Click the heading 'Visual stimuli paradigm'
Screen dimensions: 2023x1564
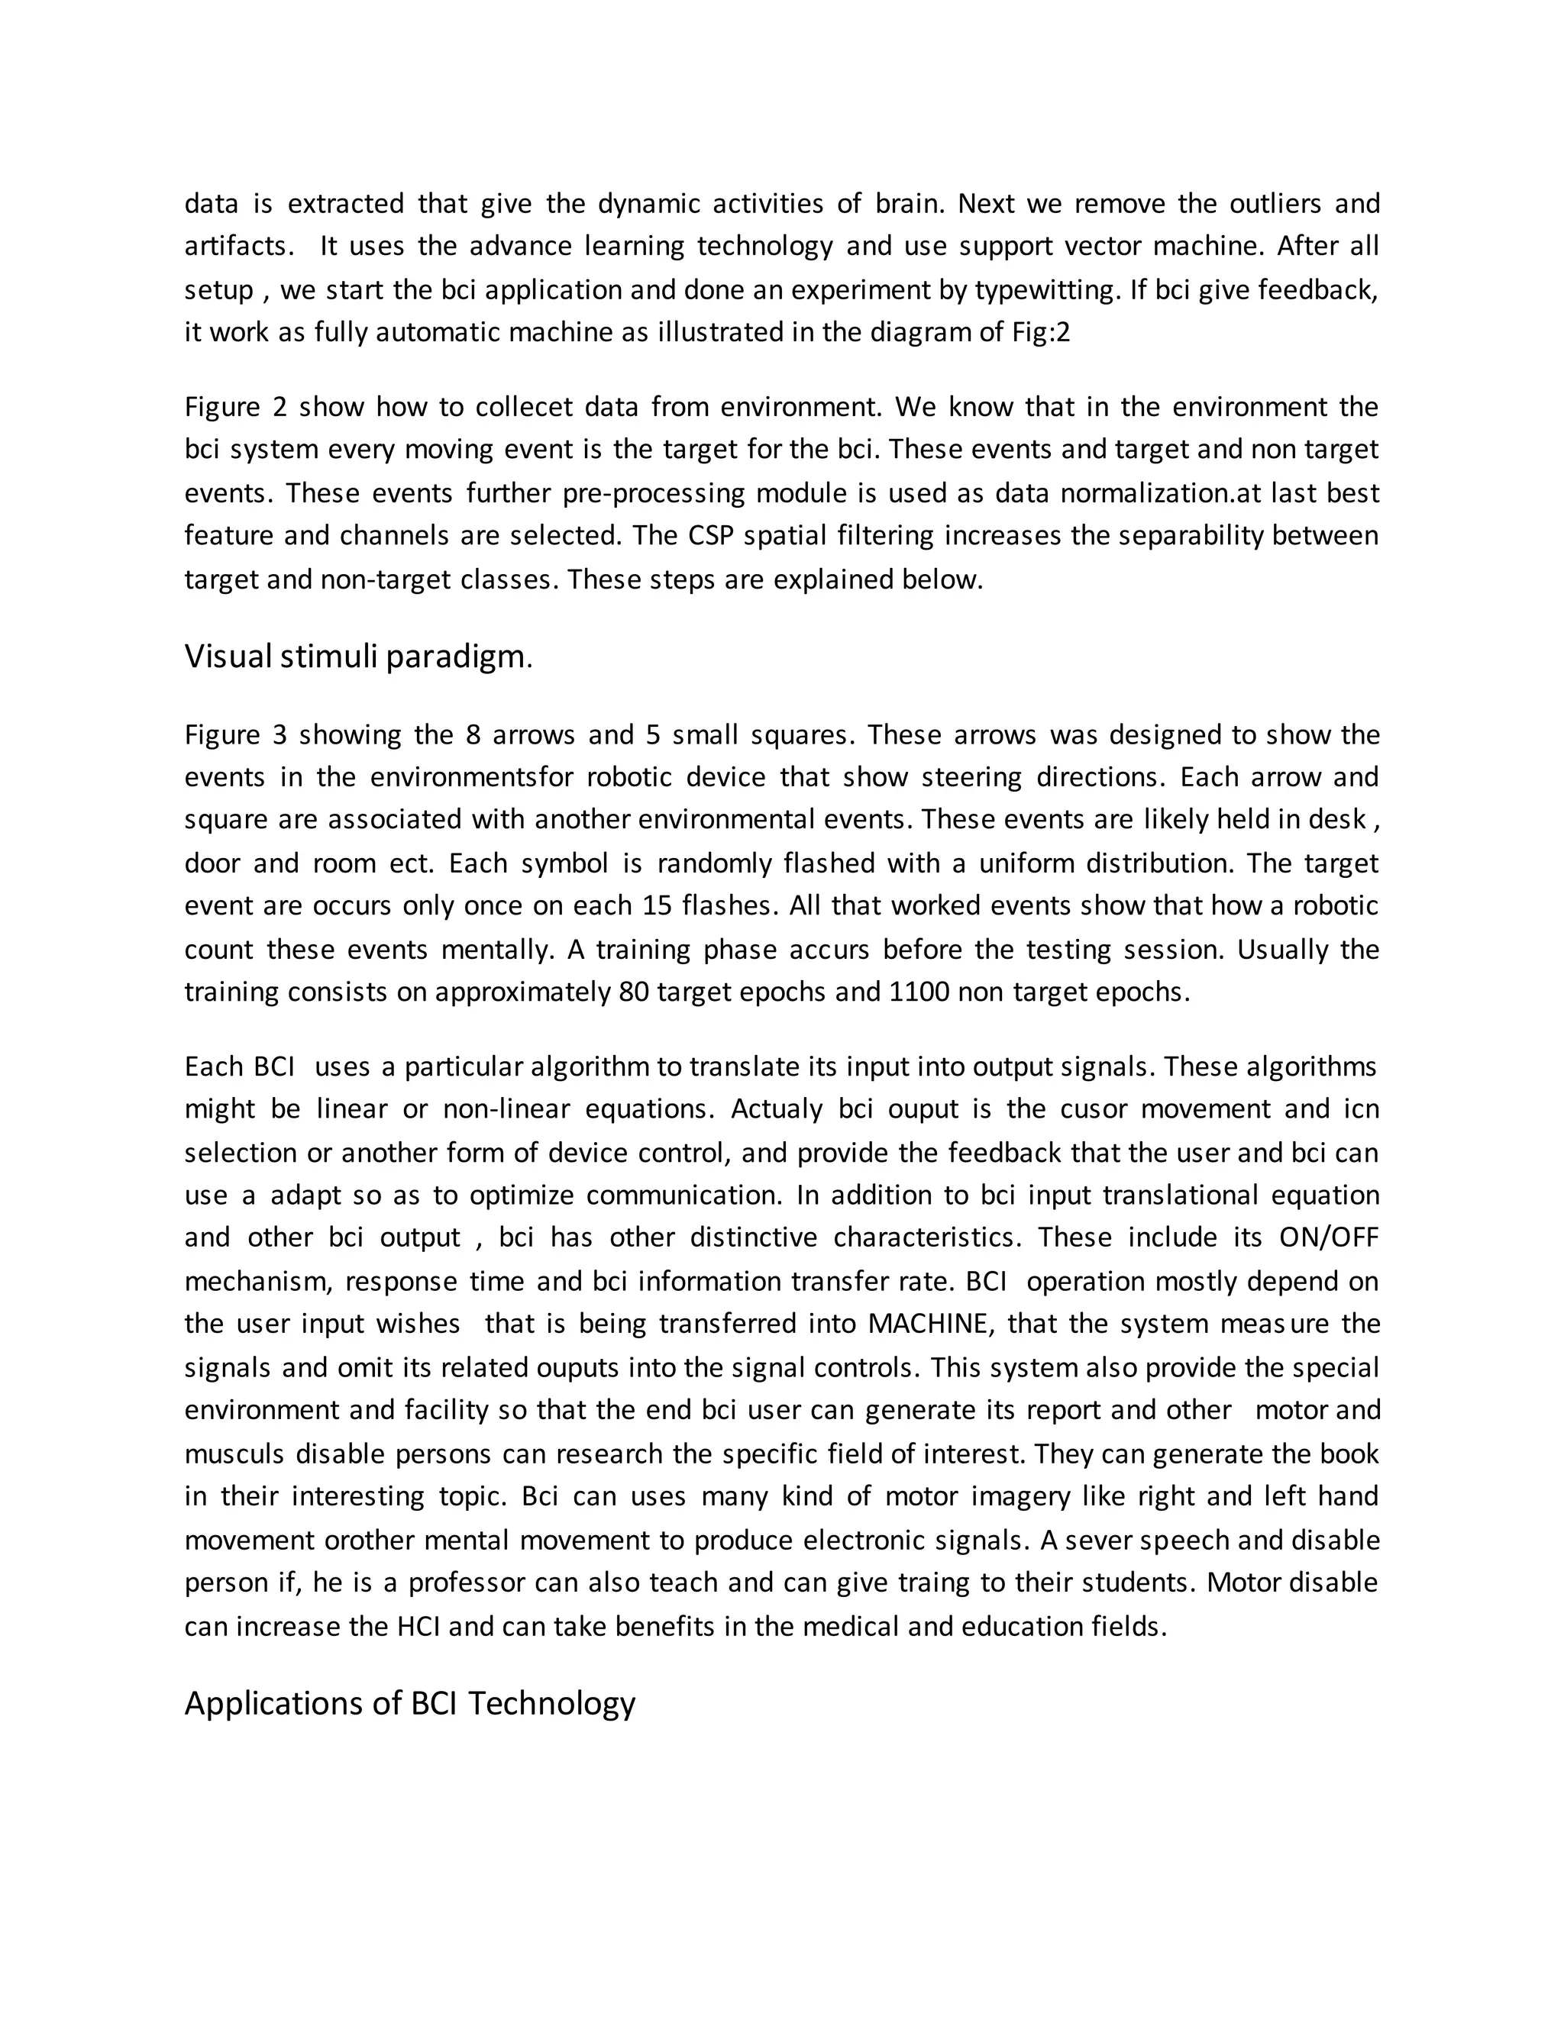tap(355, 657)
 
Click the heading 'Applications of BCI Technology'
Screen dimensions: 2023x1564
tap(409, 1702)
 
